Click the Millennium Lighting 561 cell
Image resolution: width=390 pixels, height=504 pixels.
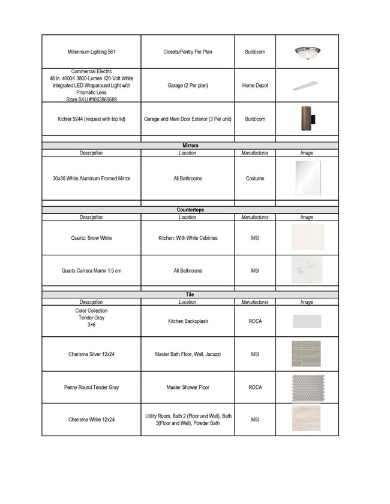[91, 52]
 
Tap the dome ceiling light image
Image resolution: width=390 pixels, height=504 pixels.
[307, 52]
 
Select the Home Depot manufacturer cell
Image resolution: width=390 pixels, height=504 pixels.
[255, 86]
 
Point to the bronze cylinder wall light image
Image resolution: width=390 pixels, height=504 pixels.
[307, 119]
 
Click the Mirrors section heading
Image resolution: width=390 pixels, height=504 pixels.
[190, 146]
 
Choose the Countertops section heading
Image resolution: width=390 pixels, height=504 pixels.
[190, 210]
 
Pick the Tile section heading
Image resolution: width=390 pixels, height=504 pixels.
[190, 295]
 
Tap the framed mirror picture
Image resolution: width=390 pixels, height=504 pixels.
[307, 177]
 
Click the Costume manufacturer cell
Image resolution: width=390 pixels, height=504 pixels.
[255, 179]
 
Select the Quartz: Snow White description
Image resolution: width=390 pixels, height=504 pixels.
[91, 238]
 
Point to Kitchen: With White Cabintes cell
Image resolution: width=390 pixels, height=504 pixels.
[188, 238]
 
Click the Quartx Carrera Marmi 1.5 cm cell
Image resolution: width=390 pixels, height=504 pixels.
[91, 271]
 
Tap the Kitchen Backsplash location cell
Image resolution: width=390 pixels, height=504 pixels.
[188, 321]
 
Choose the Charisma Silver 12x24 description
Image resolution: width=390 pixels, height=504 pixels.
[91, 354]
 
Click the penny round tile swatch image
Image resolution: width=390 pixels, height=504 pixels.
[307, 387]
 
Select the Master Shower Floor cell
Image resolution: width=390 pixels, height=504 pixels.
[188, 388]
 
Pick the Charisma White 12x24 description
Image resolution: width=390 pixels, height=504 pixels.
[91, 420]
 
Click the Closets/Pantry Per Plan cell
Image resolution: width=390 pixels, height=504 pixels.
[188, 52]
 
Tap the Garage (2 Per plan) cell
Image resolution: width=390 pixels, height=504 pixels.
[188, 86]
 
